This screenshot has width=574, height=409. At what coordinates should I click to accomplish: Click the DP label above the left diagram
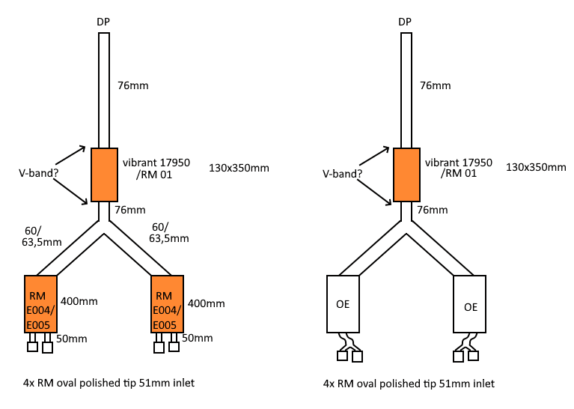[x=103, y=22]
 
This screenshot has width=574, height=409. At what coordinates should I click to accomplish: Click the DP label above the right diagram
[x=405, y=22]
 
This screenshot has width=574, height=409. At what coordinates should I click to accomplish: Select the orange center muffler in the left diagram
[x=104, y=175]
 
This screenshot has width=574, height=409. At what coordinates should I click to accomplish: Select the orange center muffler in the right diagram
[x=406, y=175]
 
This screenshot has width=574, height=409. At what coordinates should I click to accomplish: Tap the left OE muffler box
[x=343, y=304]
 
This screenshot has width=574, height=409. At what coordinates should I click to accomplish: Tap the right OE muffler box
[x=470, y=304]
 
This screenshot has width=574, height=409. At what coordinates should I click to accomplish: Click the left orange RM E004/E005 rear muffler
[x=40, y=304]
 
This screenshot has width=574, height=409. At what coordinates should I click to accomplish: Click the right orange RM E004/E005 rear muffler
[x=168, y=304]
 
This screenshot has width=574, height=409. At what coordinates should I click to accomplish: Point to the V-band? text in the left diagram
[x=38, y=173]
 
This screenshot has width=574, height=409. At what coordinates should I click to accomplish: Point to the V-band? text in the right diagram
[x=342, y=174]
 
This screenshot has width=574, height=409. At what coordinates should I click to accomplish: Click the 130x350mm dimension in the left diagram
[x=239, y=168]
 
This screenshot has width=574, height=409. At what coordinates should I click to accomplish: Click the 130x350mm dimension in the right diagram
[x=536, y=167]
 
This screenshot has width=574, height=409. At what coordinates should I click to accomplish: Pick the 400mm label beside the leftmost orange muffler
[x=79, y=301]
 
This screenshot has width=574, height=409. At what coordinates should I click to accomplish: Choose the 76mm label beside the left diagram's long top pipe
[x=133, y=85]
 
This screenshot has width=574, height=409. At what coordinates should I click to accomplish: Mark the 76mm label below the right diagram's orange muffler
[x=433, y=210]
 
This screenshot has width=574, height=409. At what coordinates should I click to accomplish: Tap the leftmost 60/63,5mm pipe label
[x=42, y=237]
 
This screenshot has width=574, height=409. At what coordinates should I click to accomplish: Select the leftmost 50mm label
[x=72, y=339]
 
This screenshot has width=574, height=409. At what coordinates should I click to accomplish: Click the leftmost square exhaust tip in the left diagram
[x=33, y=346]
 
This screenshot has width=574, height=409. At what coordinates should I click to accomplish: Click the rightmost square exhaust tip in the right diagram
[x=473, y=356]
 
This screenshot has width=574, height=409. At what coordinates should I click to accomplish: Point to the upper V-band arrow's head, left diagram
[x=85, y=147]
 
